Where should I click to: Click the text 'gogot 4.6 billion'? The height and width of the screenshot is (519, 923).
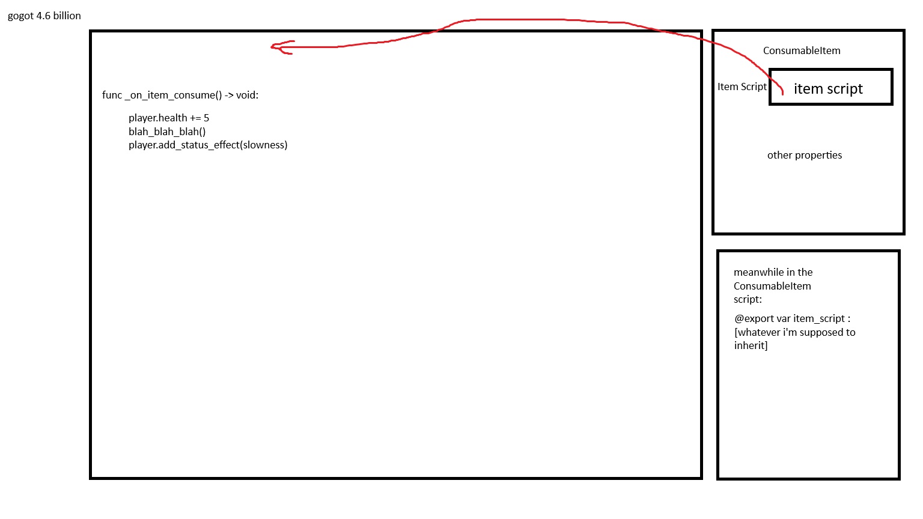(44, 16)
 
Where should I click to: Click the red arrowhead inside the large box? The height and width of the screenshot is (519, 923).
(282, 47)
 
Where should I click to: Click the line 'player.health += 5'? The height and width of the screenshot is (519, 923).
(169, 118)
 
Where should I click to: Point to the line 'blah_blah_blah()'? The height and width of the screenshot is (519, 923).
(167, 132)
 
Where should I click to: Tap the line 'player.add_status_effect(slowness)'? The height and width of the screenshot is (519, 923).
(208, 145)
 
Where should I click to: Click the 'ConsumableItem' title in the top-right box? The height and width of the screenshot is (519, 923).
(802, 50)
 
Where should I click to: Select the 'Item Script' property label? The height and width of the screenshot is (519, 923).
(742, 87)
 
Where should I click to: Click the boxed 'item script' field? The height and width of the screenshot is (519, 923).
(830, 87)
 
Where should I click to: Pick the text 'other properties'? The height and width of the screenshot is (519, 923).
(805, 156)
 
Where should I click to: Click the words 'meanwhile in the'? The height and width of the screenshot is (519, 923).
(773, 272)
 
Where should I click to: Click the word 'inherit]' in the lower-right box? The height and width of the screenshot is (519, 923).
(751, 345)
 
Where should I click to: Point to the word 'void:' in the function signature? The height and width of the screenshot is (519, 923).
(247, 95)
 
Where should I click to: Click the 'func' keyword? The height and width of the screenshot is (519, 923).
(112, 95)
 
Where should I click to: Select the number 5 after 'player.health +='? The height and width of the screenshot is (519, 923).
(207, 118)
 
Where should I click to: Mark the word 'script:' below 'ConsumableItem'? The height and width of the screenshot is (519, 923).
(748, 300)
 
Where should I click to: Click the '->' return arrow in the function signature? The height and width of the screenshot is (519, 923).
(229, 96)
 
